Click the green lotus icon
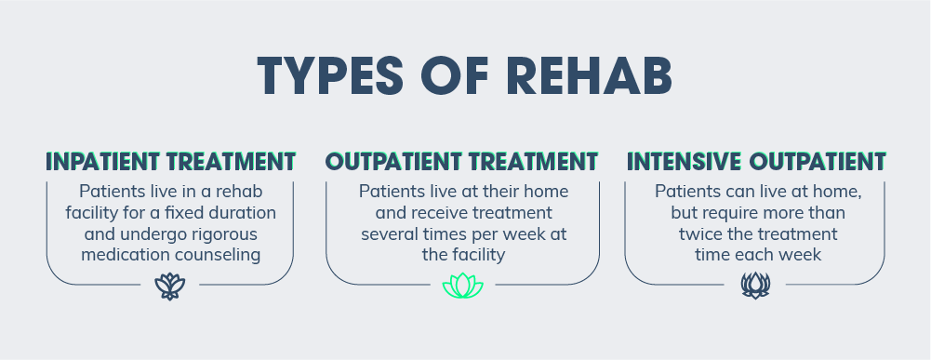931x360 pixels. (x=462, y=286)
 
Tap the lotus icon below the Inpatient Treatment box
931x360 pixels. (x=170, y=287)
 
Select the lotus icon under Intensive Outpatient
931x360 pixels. (x=755, y=286)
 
